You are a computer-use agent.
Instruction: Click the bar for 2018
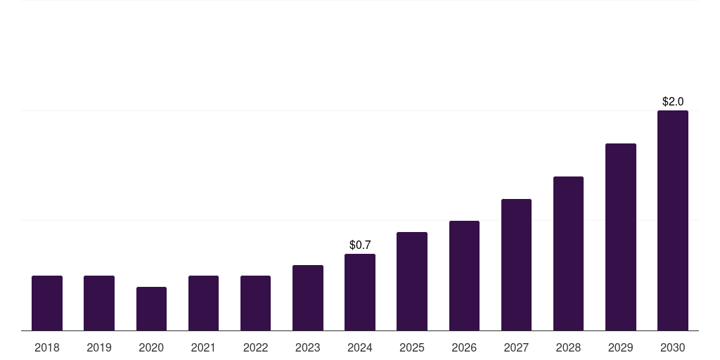tap(47, 303)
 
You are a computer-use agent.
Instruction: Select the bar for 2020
tap(151, 309)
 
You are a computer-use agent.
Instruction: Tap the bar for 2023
tap(308, 297)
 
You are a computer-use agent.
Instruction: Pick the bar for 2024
tap(360, 292)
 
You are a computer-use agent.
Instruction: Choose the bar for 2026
tap(464, 276)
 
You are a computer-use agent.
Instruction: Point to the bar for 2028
tap(568, 253)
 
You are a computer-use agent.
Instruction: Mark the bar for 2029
tap(620, 237)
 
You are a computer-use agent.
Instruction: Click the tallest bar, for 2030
tap(672, 220)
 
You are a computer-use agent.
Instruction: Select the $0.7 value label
tap(360, 245)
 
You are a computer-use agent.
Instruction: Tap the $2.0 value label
tap(673, 101)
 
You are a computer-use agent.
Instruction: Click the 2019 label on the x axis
tap(99, 347)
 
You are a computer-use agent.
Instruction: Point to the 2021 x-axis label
tap(203, 347)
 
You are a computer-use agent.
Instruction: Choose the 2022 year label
tap(255, 347)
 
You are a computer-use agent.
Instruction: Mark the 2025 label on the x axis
tap(412, 347)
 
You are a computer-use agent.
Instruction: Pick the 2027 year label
tap(516, 347)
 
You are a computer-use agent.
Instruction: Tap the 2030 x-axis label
tap(672, 347)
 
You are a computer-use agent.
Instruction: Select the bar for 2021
tap(203, 303)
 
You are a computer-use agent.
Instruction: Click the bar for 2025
tap(412, 281)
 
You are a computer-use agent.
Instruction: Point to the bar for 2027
tap(516, 264)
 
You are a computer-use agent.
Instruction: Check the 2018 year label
tap(47, 347)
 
